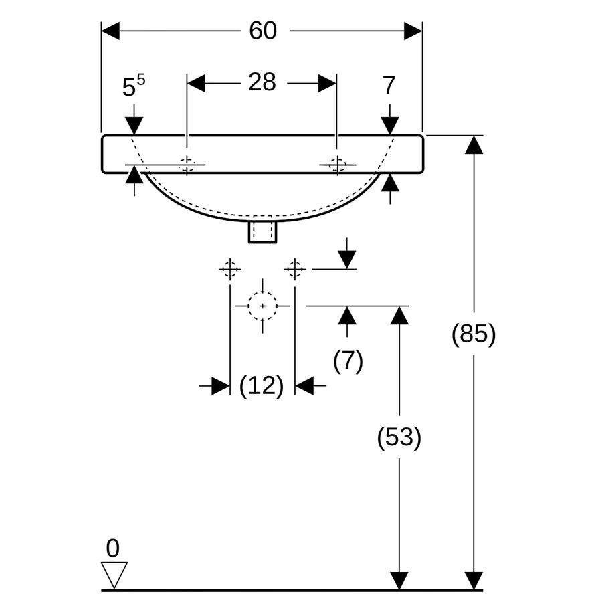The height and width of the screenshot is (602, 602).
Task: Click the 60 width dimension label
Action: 263,31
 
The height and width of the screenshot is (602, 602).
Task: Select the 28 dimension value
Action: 262,82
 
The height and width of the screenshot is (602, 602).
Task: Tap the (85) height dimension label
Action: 474,333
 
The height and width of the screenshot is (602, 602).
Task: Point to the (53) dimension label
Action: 399,437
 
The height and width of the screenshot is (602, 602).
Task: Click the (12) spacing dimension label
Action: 262,385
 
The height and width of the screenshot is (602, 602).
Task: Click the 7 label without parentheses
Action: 389,85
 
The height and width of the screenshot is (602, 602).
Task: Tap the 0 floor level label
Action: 112,548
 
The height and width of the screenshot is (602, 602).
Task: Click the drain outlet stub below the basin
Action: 262,232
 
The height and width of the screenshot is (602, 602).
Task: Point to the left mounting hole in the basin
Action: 187,165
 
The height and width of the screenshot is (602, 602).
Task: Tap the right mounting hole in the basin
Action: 338,165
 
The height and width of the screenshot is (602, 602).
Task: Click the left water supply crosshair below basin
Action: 230,269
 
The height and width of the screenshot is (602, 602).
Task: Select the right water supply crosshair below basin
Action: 295,269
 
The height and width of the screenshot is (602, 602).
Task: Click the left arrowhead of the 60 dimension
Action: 110,31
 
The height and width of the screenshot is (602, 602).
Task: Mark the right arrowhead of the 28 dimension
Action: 328,83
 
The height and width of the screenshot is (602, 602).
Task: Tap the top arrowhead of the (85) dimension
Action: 474,144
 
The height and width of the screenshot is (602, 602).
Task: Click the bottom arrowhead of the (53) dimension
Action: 399,580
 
